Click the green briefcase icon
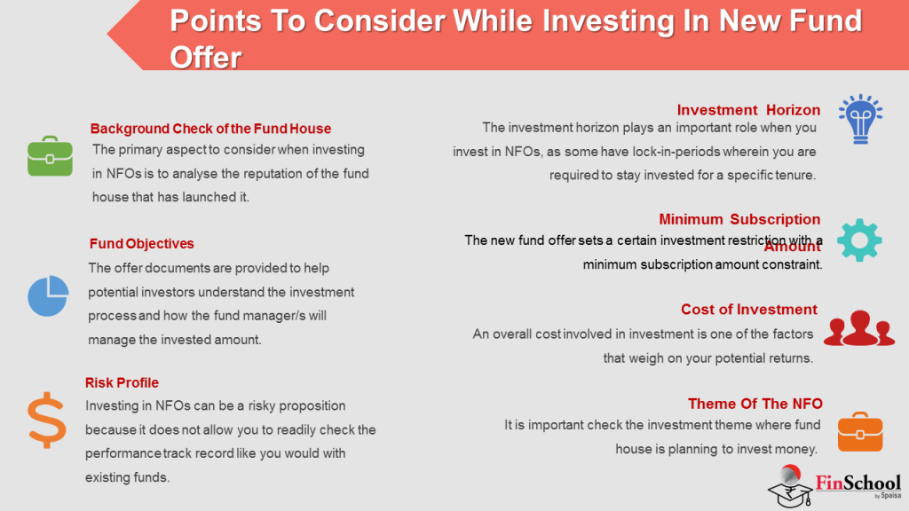(50, 156)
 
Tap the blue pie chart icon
(48, 295)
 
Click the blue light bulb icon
(858, 119)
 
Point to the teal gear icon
(858, 238)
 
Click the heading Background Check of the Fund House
(210, 129)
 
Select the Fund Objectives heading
(141, 243)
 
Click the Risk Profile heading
(122, 382)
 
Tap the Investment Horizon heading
(748, 110)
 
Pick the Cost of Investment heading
(748, 309)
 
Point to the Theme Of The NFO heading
(755, 403)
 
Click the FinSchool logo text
(857, 483)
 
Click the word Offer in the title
(205, 57)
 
